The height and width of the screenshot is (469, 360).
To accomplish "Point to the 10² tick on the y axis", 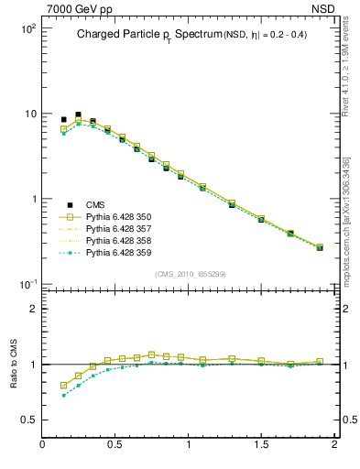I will pyautogui.click(x=27, y=28).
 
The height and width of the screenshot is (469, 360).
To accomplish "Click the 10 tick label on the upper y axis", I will pyautogui.click(x=29, y=114).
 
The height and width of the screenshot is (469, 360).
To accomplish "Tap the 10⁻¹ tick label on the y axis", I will pyautogui.click(x=27, y=284).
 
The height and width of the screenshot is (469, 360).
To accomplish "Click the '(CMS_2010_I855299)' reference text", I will pyautogui.click(x=190, y=274).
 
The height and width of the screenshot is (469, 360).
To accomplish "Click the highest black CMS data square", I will pyautogui.click(x=78, y=115).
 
